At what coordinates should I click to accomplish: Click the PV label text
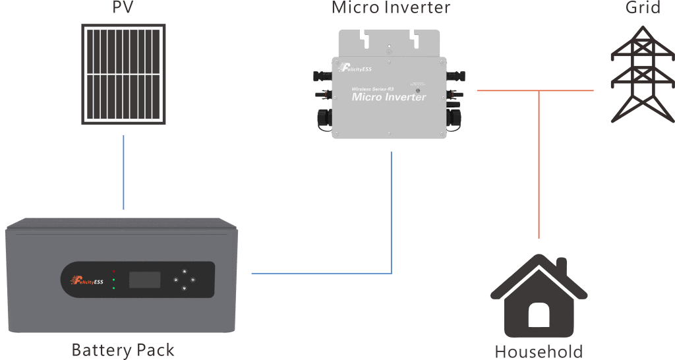click(x=123, y=8)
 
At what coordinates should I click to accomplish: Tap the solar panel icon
click(x=124, y=75)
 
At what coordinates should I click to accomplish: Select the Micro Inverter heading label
click(x=390, y=7)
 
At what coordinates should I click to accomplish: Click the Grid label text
click(x=643, y=8)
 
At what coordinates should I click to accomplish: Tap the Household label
click(x=539, y=351)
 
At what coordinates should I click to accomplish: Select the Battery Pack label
click(x=123, y=349)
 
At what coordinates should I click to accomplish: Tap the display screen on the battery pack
click(x=144, y=279)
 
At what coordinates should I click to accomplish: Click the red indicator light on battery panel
click(x=114, y=271)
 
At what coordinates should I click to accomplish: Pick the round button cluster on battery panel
click(x=184, y=280)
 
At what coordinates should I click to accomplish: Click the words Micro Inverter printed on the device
click(x=389, y=97)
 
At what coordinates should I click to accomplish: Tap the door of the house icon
click(x=539, y=316)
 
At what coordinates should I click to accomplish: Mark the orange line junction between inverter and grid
click(x=539, y=90)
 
